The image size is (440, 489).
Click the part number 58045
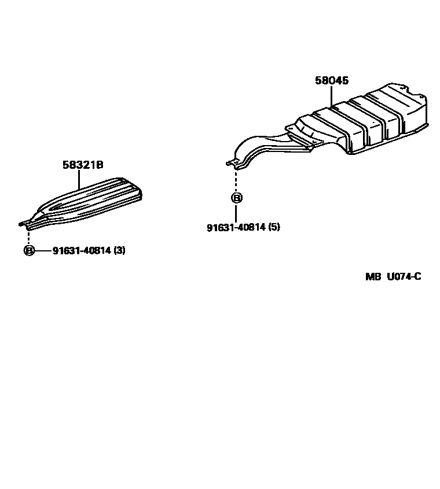(x=332, y=81)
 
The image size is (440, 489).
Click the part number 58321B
(x=83, y=165)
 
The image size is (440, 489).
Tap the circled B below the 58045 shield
(x=236, y=198)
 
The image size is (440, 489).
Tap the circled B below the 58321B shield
(x=28, y=251)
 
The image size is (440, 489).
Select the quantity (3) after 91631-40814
(x=119, y=251)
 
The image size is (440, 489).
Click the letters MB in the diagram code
(x=373, y=276)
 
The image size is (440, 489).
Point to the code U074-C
(x=404, y=276)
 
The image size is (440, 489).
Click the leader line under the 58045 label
(x=332, y=97)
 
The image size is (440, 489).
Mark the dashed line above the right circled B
(x=236, y=180)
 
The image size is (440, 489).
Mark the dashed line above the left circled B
(x=28, y=236)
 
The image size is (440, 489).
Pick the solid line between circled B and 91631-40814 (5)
(x=236, y=212)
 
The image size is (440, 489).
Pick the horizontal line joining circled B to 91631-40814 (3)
(x=43, y=251)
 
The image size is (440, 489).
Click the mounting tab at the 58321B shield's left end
(x=25, y=223)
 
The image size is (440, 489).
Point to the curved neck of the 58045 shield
(x=263, y=145)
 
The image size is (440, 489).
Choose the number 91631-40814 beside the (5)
(x=236, y=227)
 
